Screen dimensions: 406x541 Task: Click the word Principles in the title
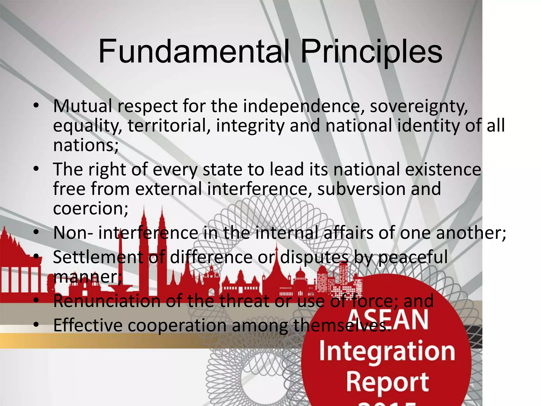(371, 52)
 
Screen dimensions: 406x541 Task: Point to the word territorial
(169, 126)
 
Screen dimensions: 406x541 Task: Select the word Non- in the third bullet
(73, 233)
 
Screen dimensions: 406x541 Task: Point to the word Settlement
(98, 257)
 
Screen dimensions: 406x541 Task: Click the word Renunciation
(107, 301)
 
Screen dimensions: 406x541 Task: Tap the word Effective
(88, 325)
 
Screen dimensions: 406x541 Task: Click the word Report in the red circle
(388, 382)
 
